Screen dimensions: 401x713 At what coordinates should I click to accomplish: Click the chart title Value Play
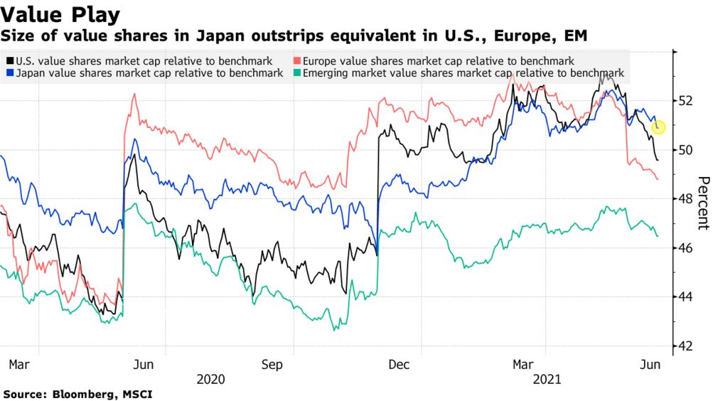coord(60,14)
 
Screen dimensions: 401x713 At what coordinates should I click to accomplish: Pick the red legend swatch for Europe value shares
coord(297,62)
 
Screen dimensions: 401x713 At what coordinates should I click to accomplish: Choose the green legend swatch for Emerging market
coord(297,73)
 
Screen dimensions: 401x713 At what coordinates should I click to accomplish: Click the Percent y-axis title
coord(703,203)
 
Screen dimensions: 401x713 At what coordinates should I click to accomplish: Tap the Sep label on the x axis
coord(273,365)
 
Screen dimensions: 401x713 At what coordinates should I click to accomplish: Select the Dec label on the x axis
coord(399,365)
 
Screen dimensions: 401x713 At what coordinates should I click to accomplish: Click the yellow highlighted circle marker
coord(658,127)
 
